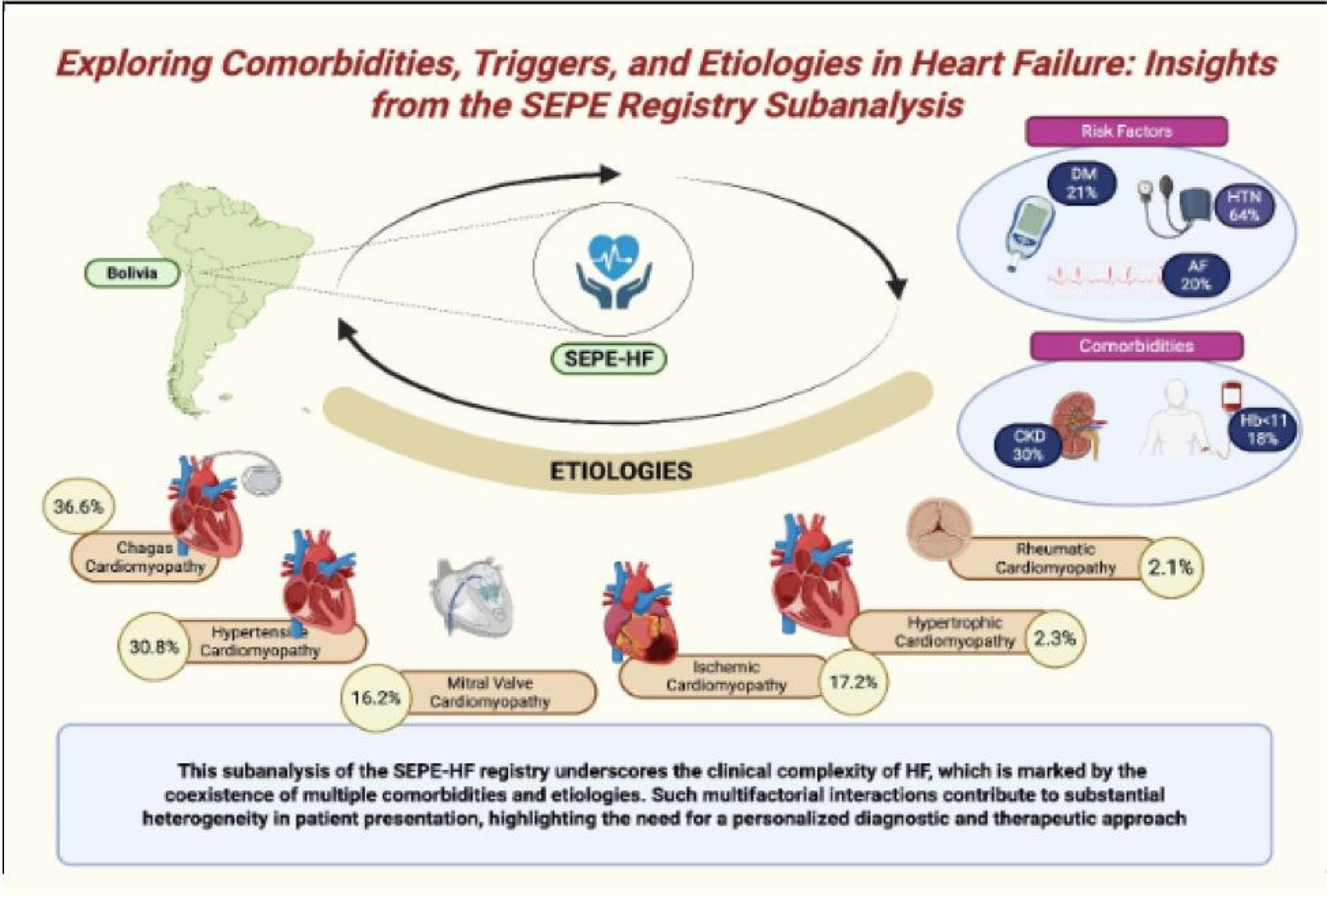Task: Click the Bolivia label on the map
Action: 132,273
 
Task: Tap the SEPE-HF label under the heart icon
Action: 608,359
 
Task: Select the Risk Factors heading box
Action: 1126,131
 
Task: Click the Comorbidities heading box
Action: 1136,346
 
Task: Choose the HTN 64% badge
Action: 1243,206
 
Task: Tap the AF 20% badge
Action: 1196,275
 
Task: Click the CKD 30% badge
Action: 1028,445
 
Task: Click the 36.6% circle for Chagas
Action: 79,506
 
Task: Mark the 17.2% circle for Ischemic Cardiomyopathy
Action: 853,681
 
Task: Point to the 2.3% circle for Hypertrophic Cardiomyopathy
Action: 1055,638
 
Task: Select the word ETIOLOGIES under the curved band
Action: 620,471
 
